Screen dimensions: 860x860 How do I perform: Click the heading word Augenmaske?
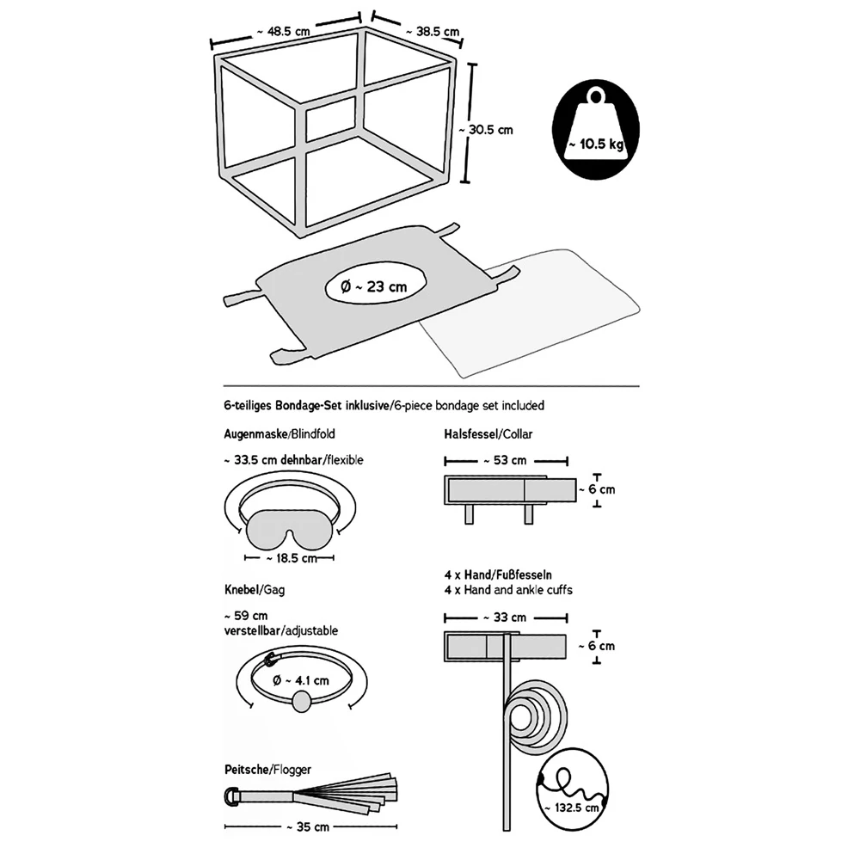[x=253, y=434]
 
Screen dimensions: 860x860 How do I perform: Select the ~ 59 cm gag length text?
[x=245, y=616]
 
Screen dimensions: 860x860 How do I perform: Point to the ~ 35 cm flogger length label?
[x=309, y=827]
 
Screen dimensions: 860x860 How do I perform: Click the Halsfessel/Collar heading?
[x=489, y=434]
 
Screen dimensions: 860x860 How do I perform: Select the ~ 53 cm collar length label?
[x=507, y=460]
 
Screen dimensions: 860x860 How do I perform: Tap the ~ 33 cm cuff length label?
[x=506, y=617]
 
